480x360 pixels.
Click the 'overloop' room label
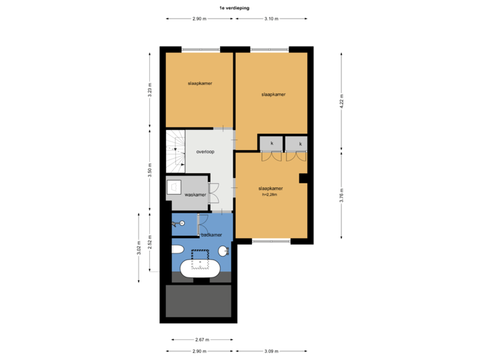click(x=205, y=152)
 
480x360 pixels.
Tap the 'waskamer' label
click(x=195, y=195)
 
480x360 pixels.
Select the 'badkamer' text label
click(x=211, y=235)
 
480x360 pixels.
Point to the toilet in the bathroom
click(x=177, y=251)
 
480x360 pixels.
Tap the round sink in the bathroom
click(x=223, y=251)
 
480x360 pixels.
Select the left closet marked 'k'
click(x=271, y=143)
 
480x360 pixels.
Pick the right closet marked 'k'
click(x=300, y=143)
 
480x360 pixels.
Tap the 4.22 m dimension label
click(x=342, y=101)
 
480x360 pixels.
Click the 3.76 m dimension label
click(x=342, y=195)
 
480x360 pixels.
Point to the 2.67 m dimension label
click(x=202, y=339)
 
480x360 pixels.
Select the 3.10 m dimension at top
click(x=271, y=19)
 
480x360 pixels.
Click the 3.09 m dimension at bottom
click(x=271, y=351)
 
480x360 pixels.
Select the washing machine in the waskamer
click(x=175, y=187)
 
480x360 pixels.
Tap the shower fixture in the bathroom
click(x=180, y=223)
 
